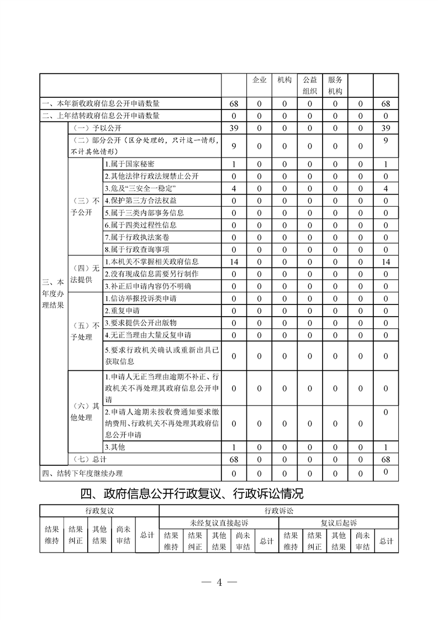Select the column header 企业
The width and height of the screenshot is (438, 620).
tap(260, 80)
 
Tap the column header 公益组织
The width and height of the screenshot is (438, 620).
tap(310, 85)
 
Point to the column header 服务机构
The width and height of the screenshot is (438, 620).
tap(335, 85)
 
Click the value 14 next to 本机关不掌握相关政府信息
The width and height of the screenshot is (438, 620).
tap(234, 262)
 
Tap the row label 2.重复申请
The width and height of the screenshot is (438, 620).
tap(122, 311)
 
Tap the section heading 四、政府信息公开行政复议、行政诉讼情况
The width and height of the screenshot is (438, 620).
tap(192, 492)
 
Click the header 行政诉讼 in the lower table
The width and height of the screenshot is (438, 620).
tap(279, 511)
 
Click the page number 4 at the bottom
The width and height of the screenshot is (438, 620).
tap(219, 582)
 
